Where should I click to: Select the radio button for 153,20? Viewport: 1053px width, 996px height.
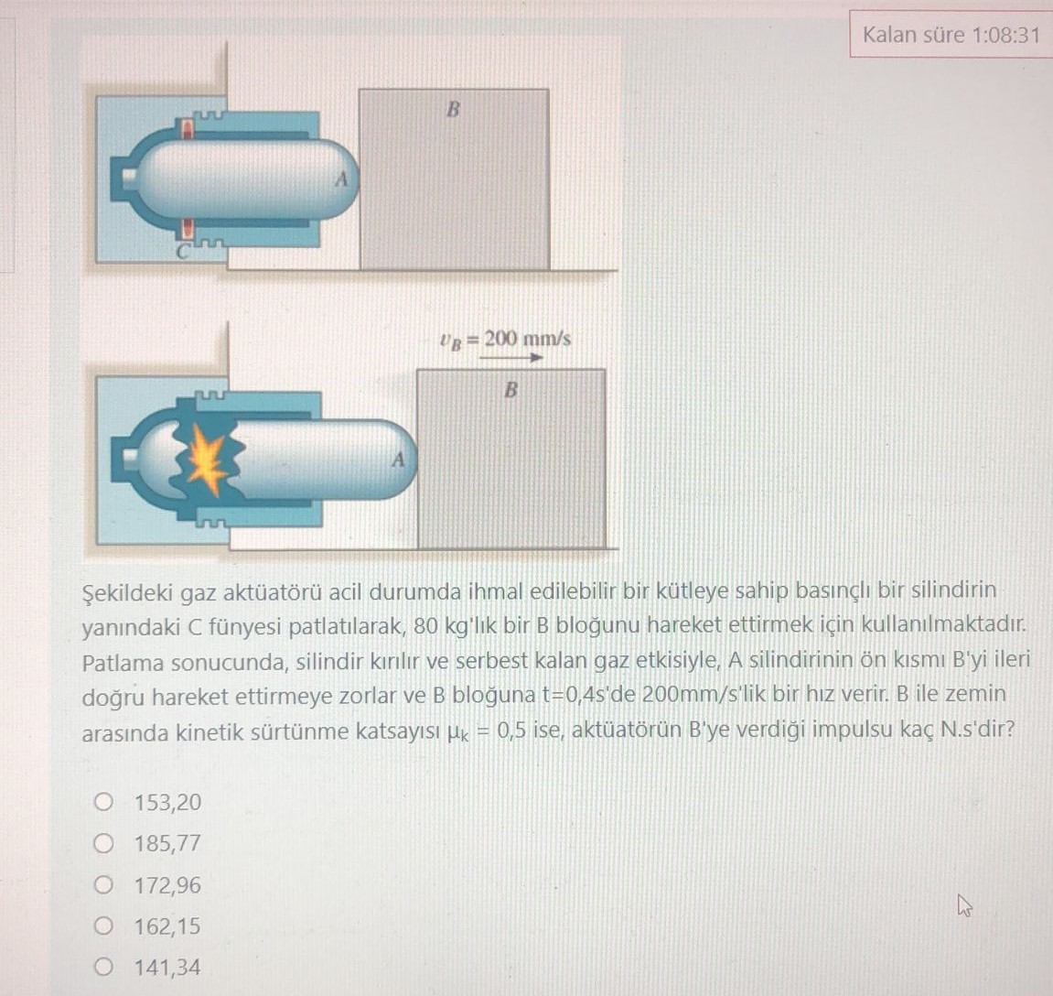pyautogui.click(x=103, y=803)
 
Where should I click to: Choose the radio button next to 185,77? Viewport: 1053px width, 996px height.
pyautogui.click(x=103, y=843)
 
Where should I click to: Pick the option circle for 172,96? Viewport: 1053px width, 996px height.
pyautogui.click(x=103, y=885)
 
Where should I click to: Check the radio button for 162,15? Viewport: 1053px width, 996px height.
pyautogui.click(x=103, y=926)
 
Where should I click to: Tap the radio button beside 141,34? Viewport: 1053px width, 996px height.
pyautogui.click(x=103, y=968)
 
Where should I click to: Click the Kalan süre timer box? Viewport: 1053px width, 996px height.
pyautogui.click(x=951, y=35)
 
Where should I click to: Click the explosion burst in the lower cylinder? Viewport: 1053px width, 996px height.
pyautogui.click(x=208, y=460)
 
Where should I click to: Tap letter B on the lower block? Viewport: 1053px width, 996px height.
pyautogui.click(x=510, y=390)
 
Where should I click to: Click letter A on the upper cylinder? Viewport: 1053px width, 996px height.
pyautogui.click(x=341, y=179)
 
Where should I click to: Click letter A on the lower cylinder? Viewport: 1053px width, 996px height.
pyautogui.click(x=397, y=460)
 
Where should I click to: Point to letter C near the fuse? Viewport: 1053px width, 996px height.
pyautogui.click(x=184, y=248)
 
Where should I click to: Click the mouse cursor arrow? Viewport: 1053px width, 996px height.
pyautogui.click(x=962, y=906)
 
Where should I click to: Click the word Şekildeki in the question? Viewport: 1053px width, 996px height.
pyautogui.click(x=125, y=591)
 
